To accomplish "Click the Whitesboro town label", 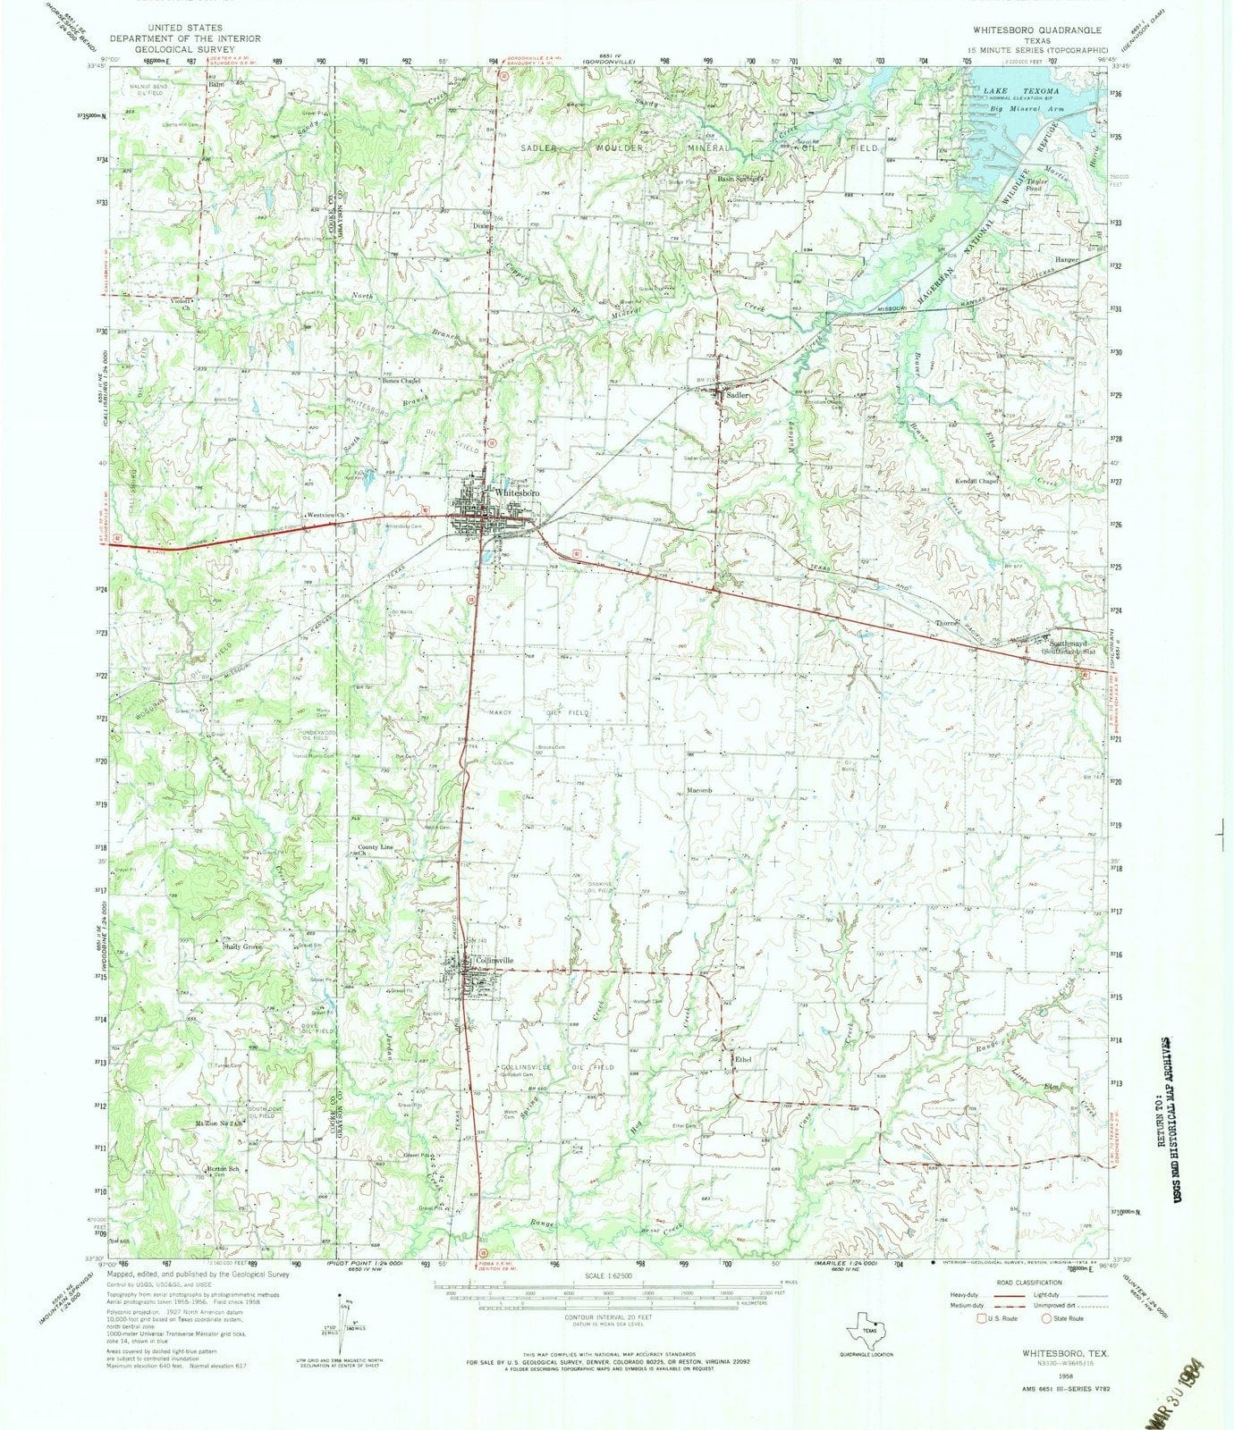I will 514,492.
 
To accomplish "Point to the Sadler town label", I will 737,394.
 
